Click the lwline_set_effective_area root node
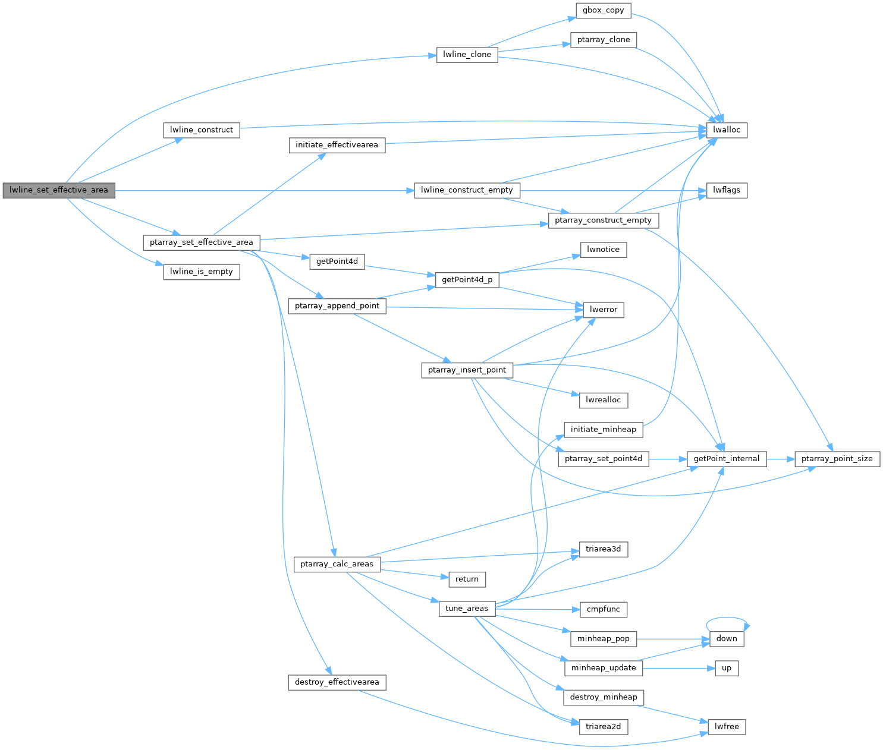(x=58, y=190)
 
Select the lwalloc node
(x=727, y=130)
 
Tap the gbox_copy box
(x=603, y=10)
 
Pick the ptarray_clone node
(x=604, y=40)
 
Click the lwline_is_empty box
(x=202, y=272)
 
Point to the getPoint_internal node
(x=726, y=459)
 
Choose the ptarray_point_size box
(x=837, y=459)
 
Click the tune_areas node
(x=467, y=609)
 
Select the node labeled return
(x=467, y=579)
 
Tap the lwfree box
(x=727, y=726)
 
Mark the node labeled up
(x=727, y=668)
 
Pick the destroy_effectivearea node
(x=337, y=682)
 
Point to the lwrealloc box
(x=603, y=400)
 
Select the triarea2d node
(x=603, y=726)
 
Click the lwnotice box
(x=603, y=250)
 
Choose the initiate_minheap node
(x=603, y=429)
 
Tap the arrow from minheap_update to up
(x=678, y=668)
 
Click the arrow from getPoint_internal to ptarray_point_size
(x=781, y=459)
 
